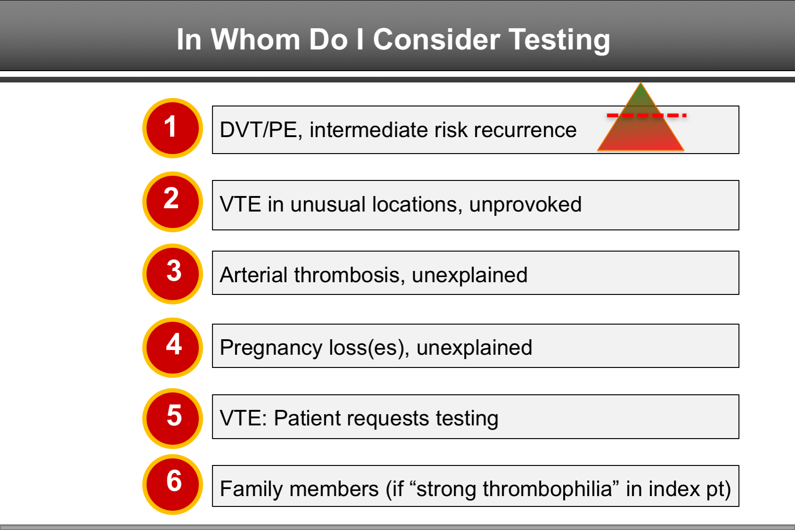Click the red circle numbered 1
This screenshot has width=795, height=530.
(172, 128)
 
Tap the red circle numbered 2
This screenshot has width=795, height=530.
(172, 202)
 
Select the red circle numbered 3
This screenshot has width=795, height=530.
(172, 274)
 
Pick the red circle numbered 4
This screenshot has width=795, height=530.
(172, 347)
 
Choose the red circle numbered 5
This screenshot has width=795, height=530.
(172, 418)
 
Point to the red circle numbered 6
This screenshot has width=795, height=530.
(172, 484)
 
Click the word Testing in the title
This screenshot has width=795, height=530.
(559, 40)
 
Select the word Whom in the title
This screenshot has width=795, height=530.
(255, 40)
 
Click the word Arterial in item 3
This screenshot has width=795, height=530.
(254, 275)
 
